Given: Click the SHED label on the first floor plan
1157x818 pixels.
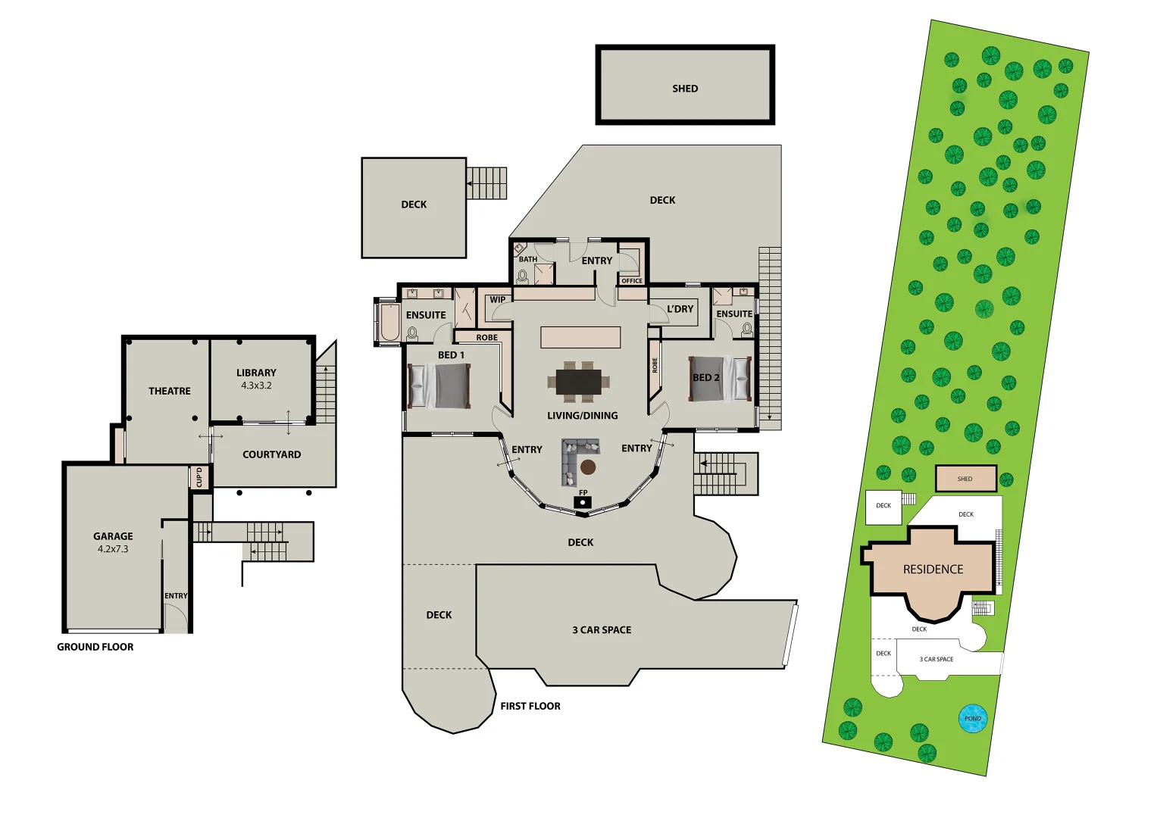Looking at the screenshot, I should [685, 89].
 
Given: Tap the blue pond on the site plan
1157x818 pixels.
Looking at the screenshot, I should [973, 719].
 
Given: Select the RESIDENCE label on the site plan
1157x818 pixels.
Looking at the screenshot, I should [933, 570].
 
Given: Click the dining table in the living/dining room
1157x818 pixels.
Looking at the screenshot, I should [579, 382].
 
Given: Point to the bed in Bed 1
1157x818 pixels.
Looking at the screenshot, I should [439, 386].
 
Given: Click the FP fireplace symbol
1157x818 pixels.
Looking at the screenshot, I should [583, 501].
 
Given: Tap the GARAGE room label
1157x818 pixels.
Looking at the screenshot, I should [113, 536].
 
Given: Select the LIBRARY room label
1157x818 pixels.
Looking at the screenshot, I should [256, 373].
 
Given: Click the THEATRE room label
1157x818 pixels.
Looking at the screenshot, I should [170, 391].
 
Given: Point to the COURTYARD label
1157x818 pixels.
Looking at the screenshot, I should [271, 454].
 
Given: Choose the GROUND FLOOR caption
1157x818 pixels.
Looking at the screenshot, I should [95, 647].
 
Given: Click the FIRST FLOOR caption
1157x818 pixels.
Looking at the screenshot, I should [530, 706].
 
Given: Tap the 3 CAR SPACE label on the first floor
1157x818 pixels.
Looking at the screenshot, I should [602, 629].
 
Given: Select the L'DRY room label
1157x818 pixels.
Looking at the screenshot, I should [680, 309].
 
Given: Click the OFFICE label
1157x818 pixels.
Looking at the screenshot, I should [632, 281].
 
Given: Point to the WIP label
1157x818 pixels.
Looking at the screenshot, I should [498, 300].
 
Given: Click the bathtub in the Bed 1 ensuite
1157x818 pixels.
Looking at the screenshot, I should [389, 323].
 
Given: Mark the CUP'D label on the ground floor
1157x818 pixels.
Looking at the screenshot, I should [199, 478].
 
